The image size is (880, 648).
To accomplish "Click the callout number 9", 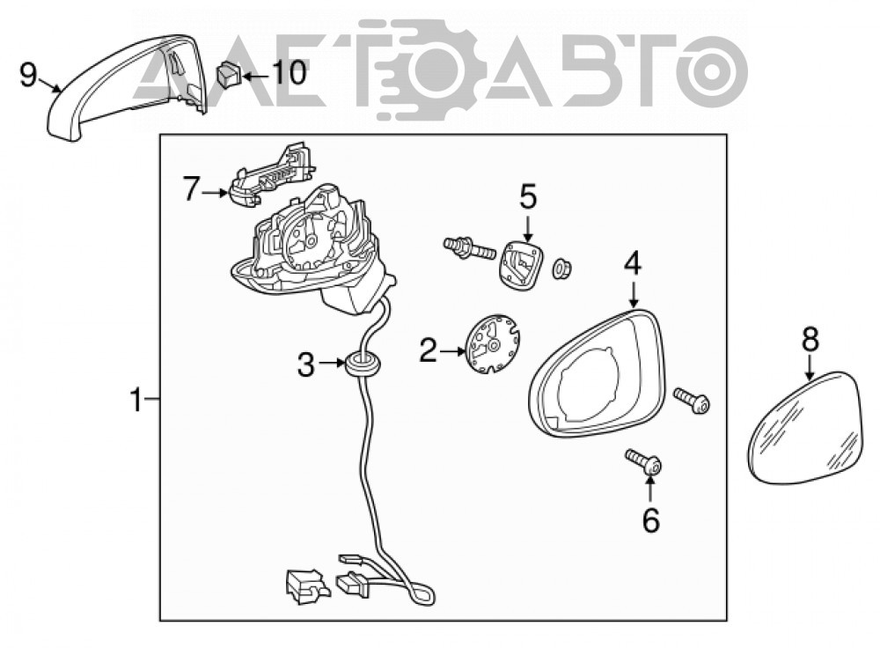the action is click(x=27, y=75).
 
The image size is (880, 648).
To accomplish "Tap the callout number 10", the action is click(x=290, y=73).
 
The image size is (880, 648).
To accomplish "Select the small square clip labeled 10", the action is click(x=229, y=75).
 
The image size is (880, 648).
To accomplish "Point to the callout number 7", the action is click(x=191, y=188).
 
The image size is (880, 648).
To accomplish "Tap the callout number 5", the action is click(x=527, y=196).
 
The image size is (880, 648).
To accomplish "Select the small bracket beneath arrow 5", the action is click(x=520, y=263).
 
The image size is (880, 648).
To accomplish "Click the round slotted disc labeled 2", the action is click(x=493, y=344).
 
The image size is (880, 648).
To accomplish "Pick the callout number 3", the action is click(x=306, y=365).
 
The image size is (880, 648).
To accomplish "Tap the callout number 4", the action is click(x=633, y=264).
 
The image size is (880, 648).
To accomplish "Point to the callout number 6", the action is click(x=651, y=520).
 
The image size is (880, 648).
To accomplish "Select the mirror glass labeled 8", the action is click(x=807, y=427).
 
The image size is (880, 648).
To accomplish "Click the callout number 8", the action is click(x=810, y=340).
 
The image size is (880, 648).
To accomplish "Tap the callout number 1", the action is click(x=136, y=401).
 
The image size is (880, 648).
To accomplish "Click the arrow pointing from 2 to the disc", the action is click(x=453, y=351).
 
